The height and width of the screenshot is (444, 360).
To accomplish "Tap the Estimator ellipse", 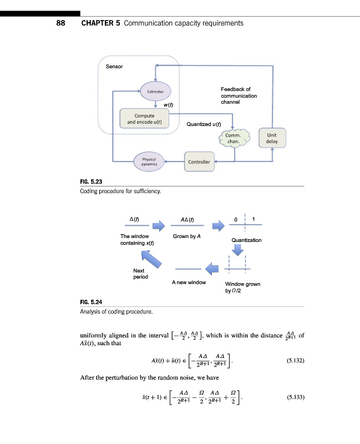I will point(156,90).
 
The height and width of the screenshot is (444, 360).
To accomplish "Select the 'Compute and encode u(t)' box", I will point(144,118).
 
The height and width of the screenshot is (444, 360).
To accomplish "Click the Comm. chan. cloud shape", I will point(234,138).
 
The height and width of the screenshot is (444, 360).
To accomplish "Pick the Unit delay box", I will point(272,138).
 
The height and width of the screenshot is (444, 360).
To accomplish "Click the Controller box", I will point(199,162).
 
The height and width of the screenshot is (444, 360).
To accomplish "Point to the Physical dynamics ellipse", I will point(149,162).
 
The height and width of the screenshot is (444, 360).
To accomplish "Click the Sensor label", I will point(114,67).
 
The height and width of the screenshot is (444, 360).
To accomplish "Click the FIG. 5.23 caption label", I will point(92,181).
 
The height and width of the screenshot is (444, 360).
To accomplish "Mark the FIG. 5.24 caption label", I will point(92,302).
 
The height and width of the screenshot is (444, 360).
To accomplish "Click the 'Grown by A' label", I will point(186,237).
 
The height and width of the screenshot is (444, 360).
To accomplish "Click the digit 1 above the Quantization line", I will point(253,219).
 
